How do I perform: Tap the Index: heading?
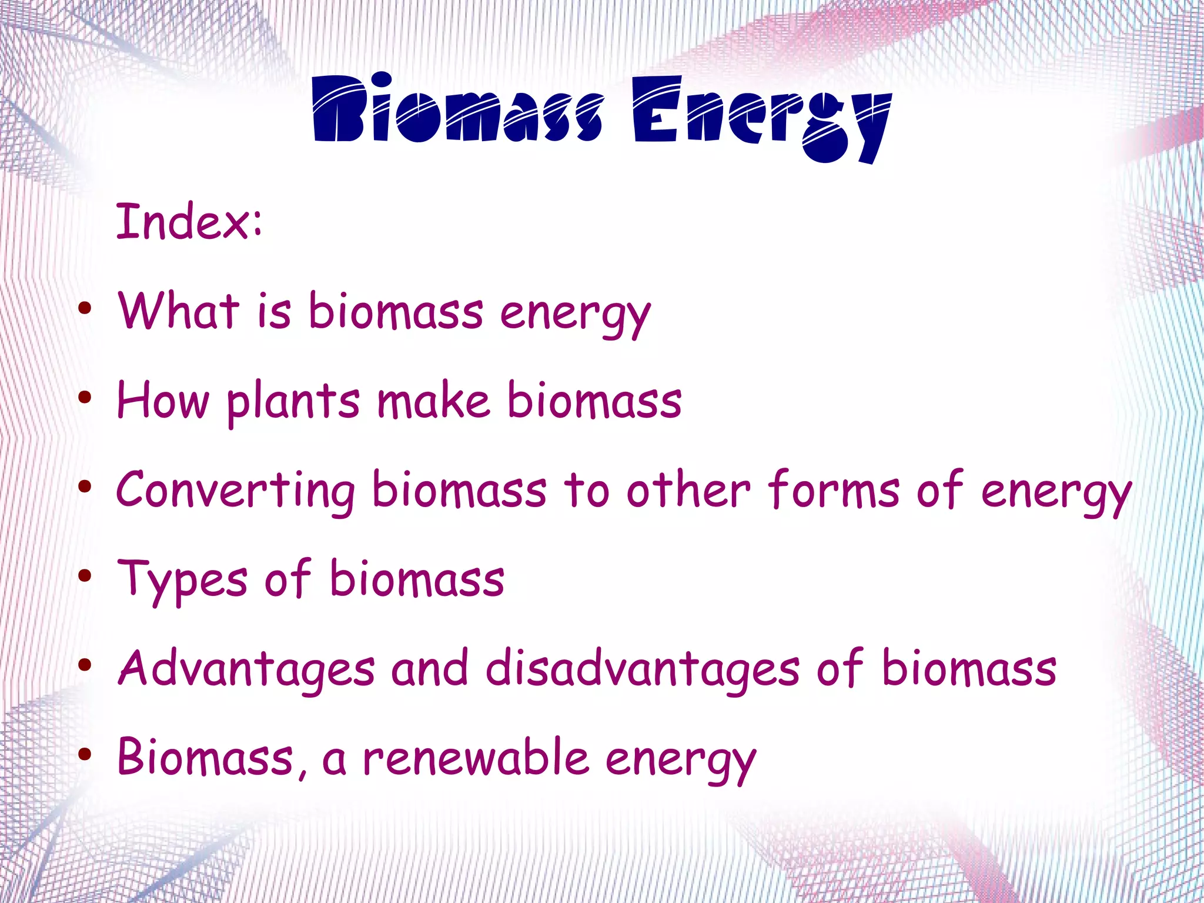(189, 222)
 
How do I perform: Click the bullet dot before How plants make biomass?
(85, 398)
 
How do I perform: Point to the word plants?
(293, 402)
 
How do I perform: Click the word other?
(688, 489)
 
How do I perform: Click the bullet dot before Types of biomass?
(85, 575)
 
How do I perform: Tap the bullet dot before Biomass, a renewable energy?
(85, 754)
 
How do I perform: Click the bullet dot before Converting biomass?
(85, 487)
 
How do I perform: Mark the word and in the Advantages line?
(430, 669)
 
